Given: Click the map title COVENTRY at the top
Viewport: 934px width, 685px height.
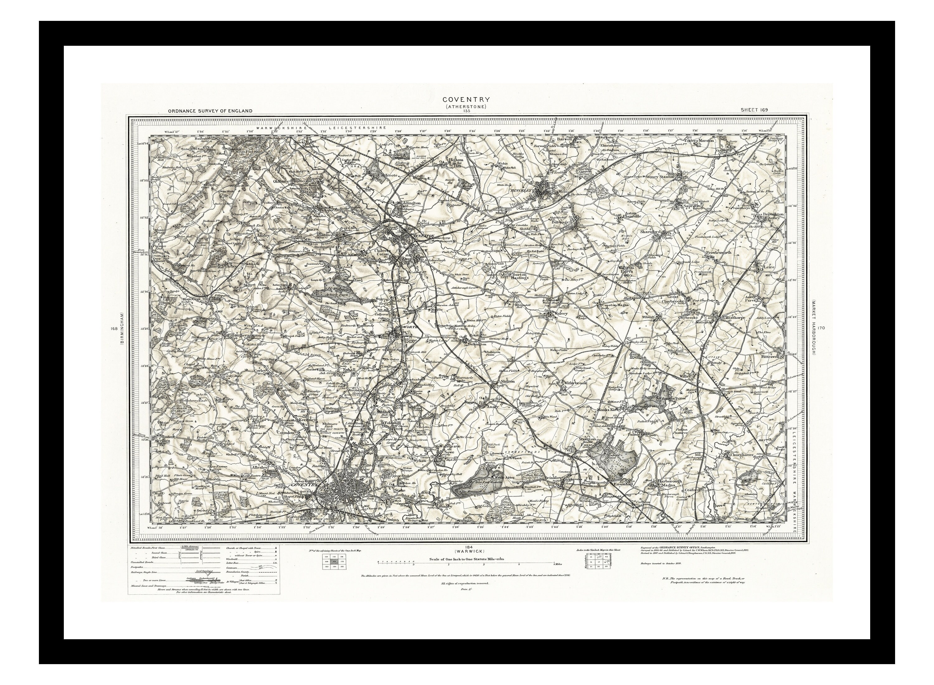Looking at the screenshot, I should point(466,100).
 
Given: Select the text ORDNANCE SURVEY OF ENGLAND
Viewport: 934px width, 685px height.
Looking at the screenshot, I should point(210,111).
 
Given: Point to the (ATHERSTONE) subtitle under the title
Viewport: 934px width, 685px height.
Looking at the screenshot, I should point(466,106).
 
